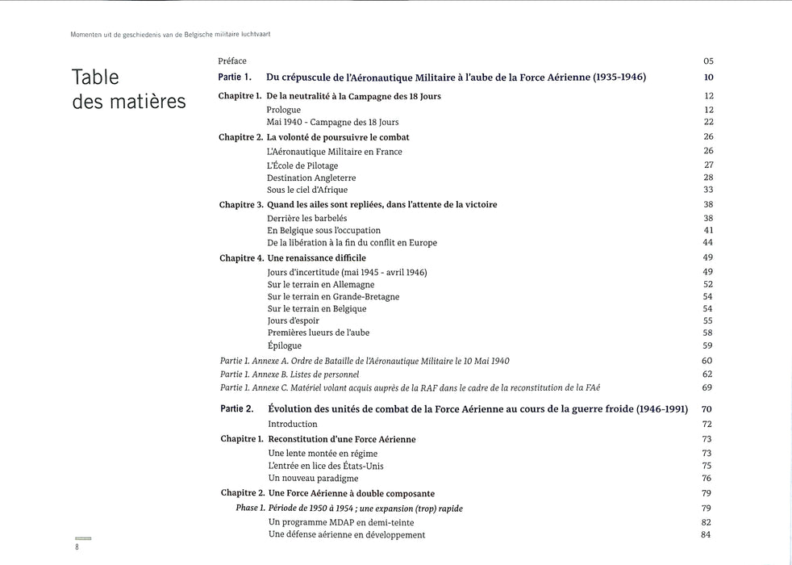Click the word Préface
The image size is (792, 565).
click(232, 61)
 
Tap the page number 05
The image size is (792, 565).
click(707, 61)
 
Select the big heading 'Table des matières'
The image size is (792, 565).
click(129, 89)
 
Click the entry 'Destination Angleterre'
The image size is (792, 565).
click(311, 178)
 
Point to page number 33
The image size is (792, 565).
click(707, 190)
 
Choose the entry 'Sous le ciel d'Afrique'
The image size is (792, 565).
click(307, 190)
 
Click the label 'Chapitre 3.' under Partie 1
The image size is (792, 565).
click(241, 205)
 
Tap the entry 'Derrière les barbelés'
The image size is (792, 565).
click(306, 218)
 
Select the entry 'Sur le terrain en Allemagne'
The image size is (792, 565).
click(321, 284)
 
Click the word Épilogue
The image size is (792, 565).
click(284, 345)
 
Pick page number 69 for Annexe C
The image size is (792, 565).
click(707, 388)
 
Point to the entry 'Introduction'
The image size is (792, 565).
click(293, 424)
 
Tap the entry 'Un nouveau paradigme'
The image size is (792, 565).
click(313, 479)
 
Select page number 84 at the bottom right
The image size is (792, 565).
click(707, 534)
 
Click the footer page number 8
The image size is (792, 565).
click(77, 546)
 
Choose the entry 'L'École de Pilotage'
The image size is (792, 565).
click(302, 165)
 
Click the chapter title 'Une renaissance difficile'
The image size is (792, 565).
click(316, 258)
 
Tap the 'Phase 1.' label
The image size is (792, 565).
click(250, 508)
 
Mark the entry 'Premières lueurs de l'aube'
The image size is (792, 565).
click(318, 333)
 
